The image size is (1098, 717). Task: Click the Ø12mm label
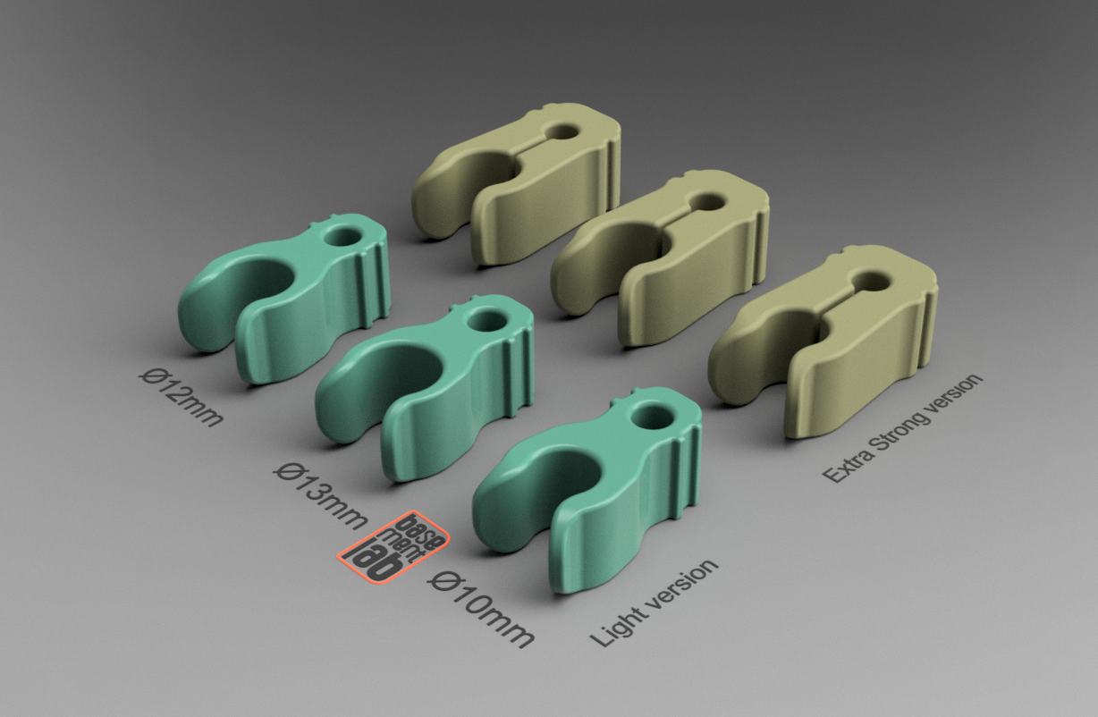[x=182, y=398]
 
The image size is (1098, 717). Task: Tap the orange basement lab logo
[x=393, y=547]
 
